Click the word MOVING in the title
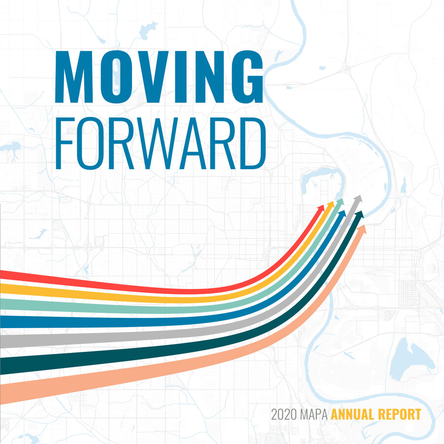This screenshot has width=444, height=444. point(159,77)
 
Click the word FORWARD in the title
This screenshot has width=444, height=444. point(161,144)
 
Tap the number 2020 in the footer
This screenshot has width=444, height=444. point(284,414)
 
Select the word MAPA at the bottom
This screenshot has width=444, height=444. point(314,414)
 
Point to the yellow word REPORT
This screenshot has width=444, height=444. point(400,414)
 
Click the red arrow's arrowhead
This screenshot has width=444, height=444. point(321,207)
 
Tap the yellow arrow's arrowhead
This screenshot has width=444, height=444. point(331,205)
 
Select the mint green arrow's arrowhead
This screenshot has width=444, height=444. point(340,202)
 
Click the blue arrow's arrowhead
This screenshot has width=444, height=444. point(342,214)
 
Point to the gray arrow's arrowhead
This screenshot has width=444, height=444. point(358,199)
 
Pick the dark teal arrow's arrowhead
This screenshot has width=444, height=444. point(359,215)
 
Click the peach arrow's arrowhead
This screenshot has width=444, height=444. point(362,229)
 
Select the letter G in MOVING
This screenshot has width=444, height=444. point(247,77)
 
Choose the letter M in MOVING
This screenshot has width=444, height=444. point(74,77)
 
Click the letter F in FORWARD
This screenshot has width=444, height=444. point(64,144)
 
